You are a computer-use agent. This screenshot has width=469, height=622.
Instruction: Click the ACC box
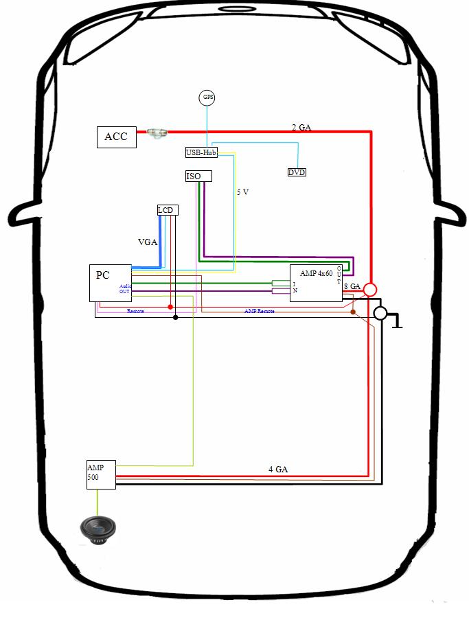pyautogui.click(x=116, y=137)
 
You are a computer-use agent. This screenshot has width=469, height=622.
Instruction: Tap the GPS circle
pyautogui.click(x=207, y=97)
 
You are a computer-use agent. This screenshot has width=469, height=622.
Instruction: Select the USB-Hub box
pyautogui.click(x=201, y=152)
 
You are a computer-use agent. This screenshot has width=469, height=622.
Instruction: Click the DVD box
pyautogui.click(x=297, y=172)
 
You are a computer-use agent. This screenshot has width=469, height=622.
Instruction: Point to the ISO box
pyautogui.click(x=198, y=176)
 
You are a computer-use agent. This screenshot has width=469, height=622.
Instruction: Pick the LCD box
pyautogui.click(x=166, y=210)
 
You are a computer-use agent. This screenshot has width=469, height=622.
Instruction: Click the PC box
pyautogui.click(x=110, y=283)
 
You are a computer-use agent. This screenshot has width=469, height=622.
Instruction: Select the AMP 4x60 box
pyautogui.click(x=316, y=282)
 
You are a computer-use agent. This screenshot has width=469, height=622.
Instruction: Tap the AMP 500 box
pyautogui.click(x=101, y=474)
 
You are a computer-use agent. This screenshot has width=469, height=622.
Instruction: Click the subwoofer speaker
pyautogui.click(x=98, y=529)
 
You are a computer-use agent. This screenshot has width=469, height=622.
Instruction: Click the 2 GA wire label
pyautogui.click(x=301, y=127)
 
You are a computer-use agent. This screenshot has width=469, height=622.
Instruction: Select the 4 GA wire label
pyautogui.click(x=277, y=469)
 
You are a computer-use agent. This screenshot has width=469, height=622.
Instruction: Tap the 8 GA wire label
pyautogui.click(x=352, y=286)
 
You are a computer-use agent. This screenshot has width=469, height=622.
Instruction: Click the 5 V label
pyautogui.click(x=242, y=193)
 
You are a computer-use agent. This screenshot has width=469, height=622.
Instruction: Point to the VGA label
pyautogui.click(x=148, y=242)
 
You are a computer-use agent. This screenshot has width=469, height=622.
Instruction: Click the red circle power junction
pyautogui.click(x=370, y=289)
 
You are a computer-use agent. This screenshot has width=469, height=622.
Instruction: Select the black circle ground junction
pyautogui.click(x=380, y=314)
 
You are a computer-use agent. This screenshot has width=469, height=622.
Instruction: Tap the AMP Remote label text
pyautogui.click(x=260, y=312)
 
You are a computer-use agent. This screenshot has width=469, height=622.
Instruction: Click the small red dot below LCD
pyautogui.click(x=170, y=306)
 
